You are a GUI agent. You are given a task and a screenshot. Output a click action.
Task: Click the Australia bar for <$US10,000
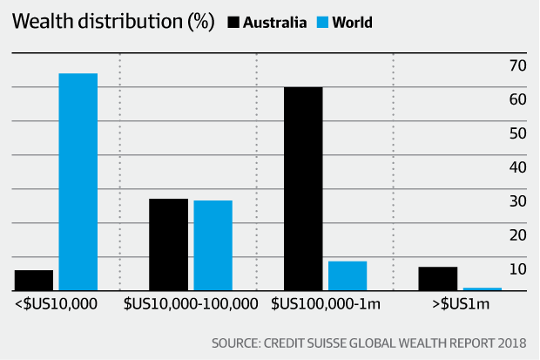33,280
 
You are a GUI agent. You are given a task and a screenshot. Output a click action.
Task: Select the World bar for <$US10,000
78,181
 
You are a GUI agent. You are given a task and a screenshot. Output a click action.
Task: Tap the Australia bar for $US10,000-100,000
168,244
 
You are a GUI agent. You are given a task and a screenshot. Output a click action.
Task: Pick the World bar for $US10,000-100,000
213,245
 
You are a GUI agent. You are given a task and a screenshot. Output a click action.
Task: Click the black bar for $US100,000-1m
303,188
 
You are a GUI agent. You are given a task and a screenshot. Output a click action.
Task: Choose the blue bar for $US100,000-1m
348,275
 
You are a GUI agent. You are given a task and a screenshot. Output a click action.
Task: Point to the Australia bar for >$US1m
437,278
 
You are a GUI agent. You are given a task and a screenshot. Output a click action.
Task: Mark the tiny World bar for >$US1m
482,289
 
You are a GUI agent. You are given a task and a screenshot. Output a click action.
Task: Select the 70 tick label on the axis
517,65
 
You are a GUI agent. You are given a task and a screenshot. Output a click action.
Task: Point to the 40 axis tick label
517,167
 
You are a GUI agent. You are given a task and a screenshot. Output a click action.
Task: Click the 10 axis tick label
517,269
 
